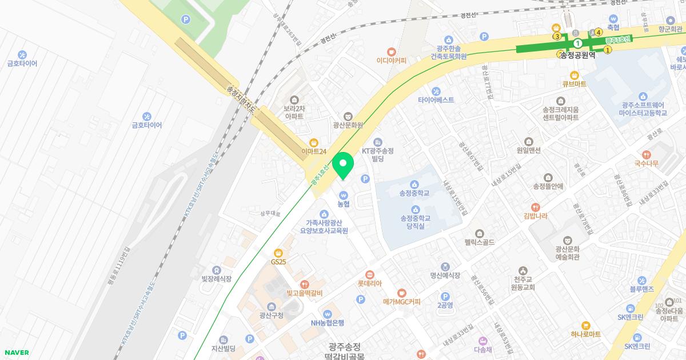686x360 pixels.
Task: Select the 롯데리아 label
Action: tap(369, 283)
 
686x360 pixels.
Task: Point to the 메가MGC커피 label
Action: tap(401, 301)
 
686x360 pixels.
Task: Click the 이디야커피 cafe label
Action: tap(391, 60)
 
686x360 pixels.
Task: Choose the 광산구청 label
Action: tap(271, 315)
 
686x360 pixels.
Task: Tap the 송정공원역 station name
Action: tap(577, 55)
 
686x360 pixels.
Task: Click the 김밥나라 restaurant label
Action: tap(535, 215)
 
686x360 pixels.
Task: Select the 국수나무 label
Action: tap(646, 163)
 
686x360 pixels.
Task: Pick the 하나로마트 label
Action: tap(585, 334)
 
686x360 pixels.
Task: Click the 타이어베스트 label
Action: tap(436, 99)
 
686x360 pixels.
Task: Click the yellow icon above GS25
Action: tap(278, 253)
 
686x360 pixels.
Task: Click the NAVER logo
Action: tap(16, 353)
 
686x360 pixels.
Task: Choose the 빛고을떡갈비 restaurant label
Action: tap(305, 293)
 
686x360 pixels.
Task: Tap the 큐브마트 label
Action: tap(574, 84)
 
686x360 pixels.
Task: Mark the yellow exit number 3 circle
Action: tap(557, 37)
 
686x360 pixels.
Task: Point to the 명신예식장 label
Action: tap(445, 275)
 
